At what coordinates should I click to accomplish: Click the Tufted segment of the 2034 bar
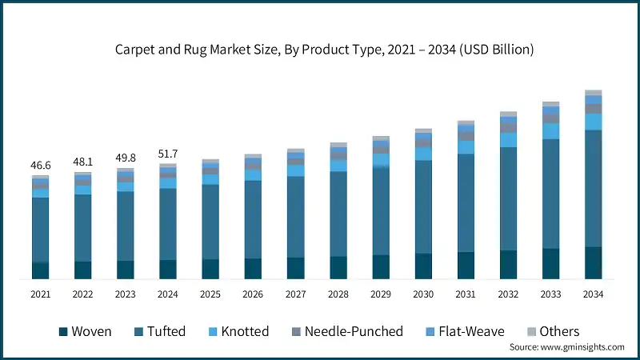click(593, 188)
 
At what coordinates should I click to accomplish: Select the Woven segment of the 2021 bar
click(40, 270)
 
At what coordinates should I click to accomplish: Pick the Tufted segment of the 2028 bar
click(338, 214)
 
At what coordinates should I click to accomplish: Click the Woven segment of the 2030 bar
click(423, 266)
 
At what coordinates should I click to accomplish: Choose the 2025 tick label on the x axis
click(210, 294)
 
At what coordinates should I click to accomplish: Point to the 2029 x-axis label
click(380, 294)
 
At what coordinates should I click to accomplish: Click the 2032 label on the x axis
click(508, 294)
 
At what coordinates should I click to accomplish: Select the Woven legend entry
click(84, 331)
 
